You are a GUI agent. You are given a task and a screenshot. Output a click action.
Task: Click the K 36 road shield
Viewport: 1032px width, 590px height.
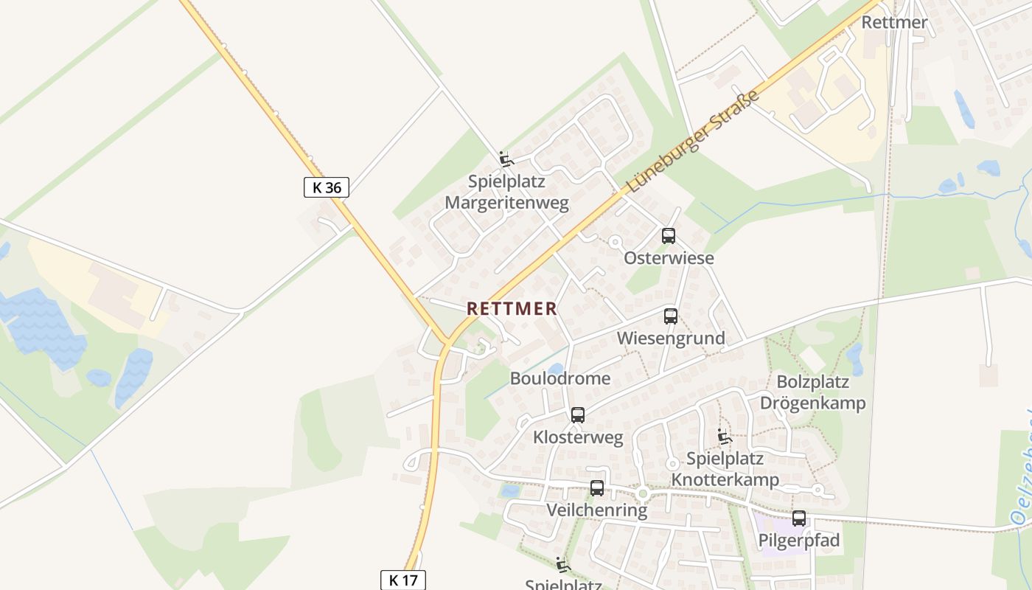[x=326, y=187]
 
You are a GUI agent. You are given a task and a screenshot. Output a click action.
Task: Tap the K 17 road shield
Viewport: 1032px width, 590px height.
[x=403, y=580]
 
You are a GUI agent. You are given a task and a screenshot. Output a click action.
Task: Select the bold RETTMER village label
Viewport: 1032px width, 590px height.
[x=512, y=309]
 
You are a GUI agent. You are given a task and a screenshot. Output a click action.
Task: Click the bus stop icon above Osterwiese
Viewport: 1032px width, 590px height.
[x=669, y=236]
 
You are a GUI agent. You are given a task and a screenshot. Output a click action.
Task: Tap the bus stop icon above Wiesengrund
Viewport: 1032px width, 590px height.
[x=671, y=316]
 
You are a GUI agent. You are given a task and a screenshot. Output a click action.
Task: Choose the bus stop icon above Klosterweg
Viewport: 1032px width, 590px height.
[x=578, y=415]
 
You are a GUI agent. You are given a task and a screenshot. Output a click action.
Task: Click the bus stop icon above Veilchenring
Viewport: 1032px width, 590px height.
[x=597, y=488]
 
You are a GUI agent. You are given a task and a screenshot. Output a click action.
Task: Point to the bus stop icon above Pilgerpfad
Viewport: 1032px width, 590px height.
[x=799, y=518]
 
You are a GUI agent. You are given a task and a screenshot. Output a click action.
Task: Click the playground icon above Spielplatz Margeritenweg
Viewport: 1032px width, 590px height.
[x=506, y=159]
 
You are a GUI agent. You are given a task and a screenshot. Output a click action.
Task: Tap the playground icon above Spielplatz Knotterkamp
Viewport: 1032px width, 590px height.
[x=725, y=437]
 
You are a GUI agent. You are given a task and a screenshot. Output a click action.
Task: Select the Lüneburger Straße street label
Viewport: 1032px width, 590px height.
[x=692, y=142]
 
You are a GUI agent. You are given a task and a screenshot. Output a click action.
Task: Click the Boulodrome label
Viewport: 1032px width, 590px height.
[x=560, y=378]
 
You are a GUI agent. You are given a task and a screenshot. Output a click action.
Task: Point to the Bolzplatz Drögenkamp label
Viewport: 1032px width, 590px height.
[x=812, y=392]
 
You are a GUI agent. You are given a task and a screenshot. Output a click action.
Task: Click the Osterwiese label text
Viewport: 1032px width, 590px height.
[x=669, y=258]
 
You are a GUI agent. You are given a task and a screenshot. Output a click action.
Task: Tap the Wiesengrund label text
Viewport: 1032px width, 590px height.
[x=671, y=339]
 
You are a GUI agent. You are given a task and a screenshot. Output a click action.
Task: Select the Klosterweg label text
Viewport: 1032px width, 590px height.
[x=578, y=437]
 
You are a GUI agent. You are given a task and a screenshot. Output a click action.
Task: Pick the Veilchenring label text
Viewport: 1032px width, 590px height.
[x=597, y=510]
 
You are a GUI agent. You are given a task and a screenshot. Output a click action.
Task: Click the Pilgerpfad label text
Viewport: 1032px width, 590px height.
[x=799, y=541]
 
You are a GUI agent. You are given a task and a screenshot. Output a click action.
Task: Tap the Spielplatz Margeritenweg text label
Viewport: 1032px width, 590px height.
[x=507, y=192]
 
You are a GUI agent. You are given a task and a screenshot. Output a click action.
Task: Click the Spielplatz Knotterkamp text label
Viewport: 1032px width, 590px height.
[x=725, y=469]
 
